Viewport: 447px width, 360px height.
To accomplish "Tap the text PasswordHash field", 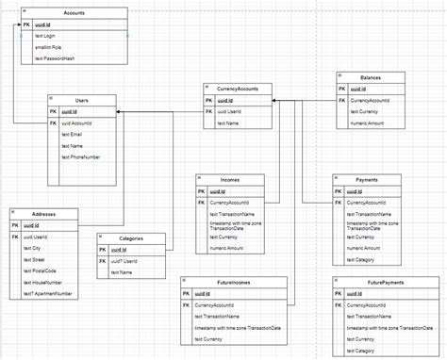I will point(55,58).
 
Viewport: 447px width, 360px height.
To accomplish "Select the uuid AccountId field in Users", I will point(78,122).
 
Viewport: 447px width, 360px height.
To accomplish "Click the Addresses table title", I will point(42,214).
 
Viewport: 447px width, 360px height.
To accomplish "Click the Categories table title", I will point(131,238).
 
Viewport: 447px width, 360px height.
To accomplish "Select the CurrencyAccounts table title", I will point(236,87).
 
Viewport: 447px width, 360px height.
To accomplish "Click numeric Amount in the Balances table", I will point(368,122).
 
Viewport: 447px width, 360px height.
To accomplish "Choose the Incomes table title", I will point(229,178).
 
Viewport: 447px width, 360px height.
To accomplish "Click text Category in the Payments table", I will point(362,258).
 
